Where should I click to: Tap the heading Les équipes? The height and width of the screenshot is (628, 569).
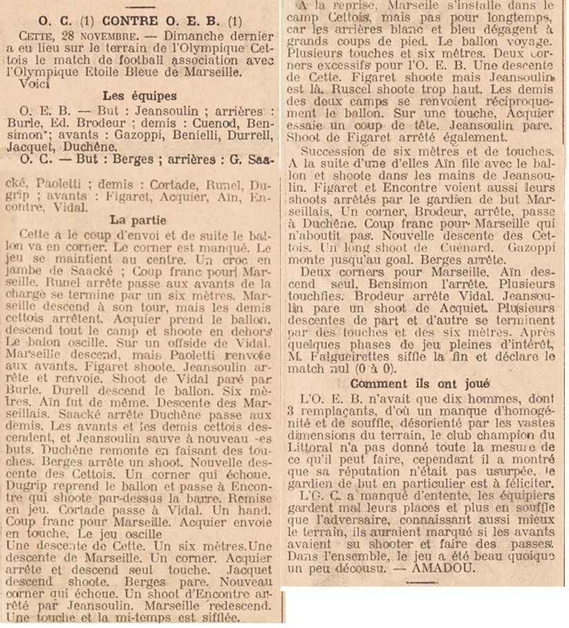140,96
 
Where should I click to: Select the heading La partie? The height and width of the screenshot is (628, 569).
138,220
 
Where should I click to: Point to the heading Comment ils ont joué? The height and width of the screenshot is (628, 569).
420,383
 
